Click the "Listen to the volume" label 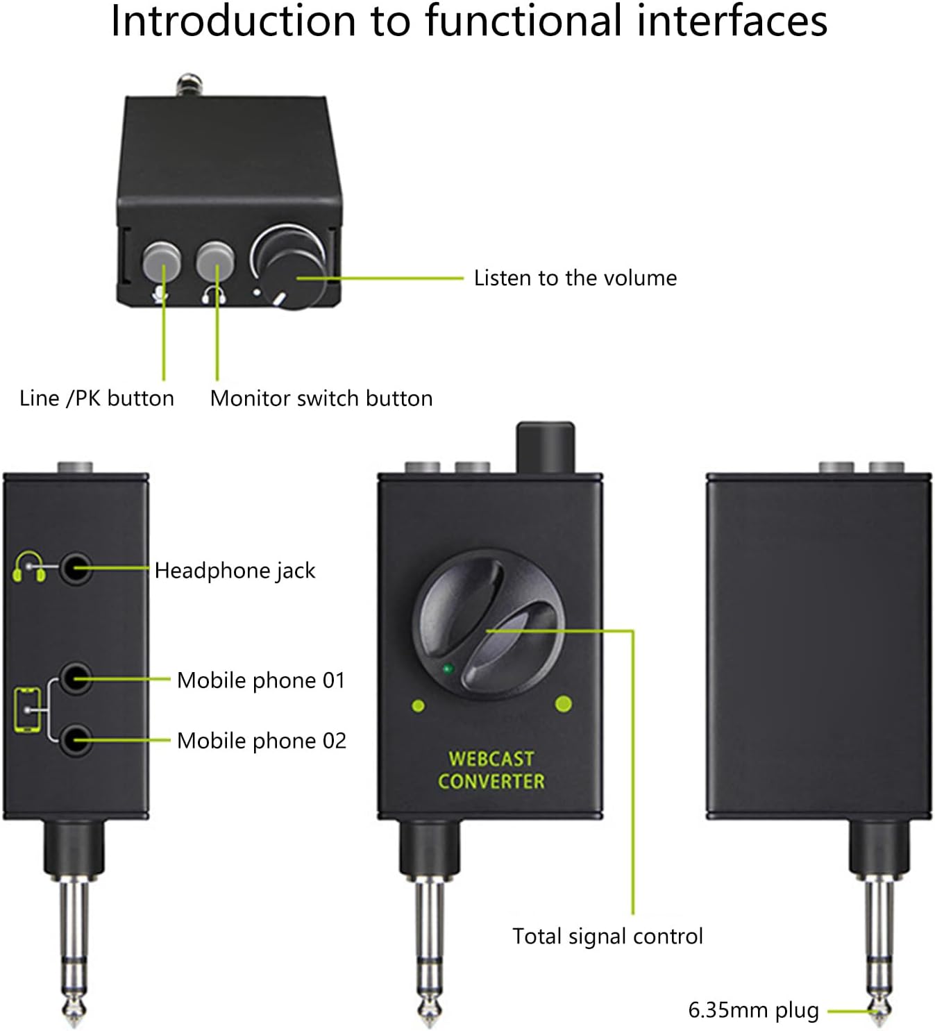pos(575,278)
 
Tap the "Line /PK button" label pos(96,398)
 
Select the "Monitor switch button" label pos(321,398)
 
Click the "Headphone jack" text pos(235,570)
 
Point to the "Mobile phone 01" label pos(261,680)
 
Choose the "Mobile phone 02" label pos(262,740)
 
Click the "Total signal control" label pos(607,936)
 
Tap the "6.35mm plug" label pos(753,1009)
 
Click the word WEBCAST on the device pos(491,758)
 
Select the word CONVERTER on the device pos(491,781)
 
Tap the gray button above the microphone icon pos(161,261)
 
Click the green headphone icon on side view pos(29,567)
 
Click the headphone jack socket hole pos(75,569)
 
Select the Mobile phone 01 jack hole pos(75,678)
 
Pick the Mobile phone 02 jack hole pos(75,740)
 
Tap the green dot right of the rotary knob pos(564,704)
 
